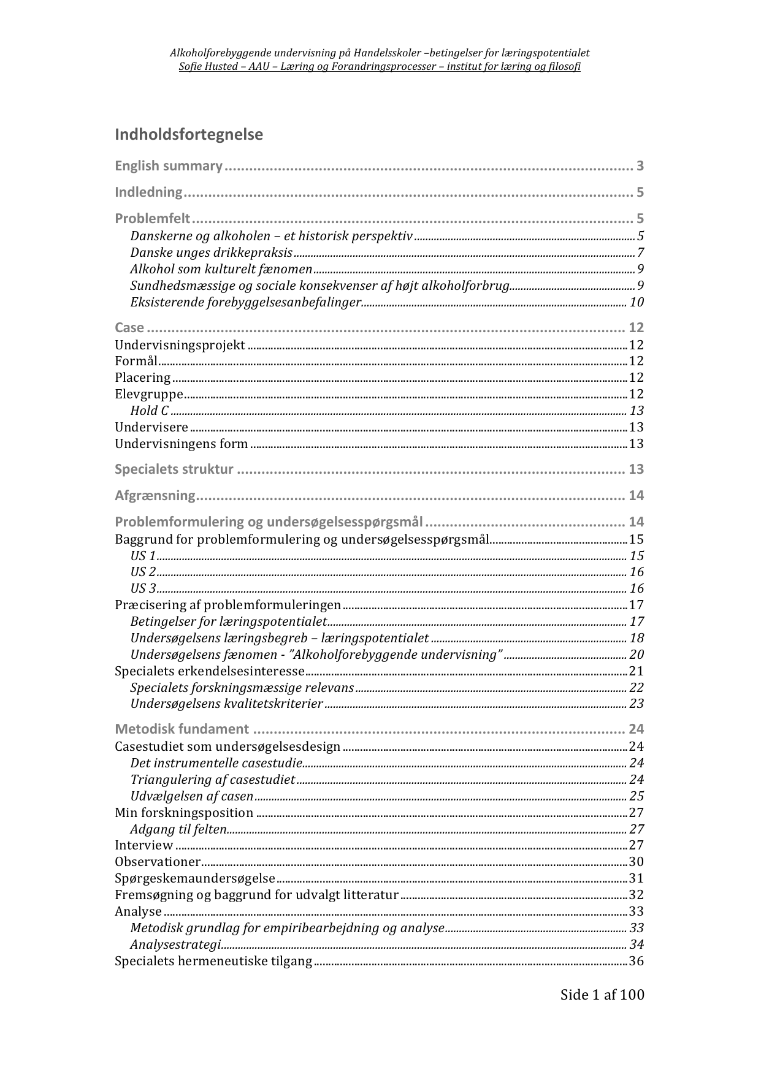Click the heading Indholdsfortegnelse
[188, 135]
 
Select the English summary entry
[169, 166]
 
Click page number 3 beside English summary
[640, 166]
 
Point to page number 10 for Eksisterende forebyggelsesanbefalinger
[637, 303]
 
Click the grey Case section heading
[129, 328]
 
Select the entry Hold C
[149, 411]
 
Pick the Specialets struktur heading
[174, 469]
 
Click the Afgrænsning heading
[155, 496]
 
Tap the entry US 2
[143, 572]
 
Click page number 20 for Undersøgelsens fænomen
[637, 655]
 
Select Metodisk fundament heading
[182, 729]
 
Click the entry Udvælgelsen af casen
[191, 797]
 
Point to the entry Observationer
[158, 862]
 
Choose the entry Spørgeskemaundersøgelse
[195, 879]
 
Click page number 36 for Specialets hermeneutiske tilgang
[637, 961]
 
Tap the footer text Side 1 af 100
[602, 995]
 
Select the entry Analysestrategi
[175, 944]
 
